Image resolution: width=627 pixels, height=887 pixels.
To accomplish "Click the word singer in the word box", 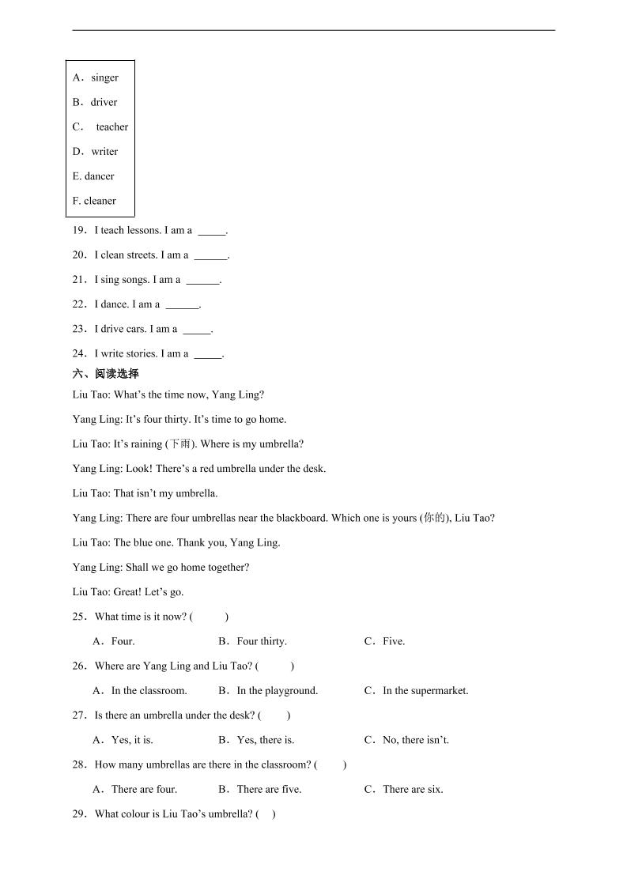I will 104,77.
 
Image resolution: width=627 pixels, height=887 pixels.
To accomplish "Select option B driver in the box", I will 104,102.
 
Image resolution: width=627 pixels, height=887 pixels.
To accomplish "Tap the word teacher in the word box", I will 112,126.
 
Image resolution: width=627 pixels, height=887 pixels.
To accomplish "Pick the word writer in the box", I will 104,151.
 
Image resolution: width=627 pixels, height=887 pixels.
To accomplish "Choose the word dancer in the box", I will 100,176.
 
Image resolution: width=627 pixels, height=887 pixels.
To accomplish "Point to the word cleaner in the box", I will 100,201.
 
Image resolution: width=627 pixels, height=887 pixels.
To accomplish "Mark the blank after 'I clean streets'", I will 210,256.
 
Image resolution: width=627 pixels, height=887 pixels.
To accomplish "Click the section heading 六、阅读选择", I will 105,374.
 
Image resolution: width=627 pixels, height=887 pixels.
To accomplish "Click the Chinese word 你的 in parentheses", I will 434,519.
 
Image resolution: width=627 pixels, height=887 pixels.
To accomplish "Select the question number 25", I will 79,617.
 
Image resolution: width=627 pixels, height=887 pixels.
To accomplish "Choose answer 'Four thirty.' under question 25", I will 262,641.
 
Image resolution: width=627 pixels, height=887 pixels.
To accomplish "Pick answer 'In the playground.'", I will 278,690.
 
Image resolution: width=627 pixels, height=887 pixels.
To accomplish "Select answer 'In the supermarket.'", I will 425,690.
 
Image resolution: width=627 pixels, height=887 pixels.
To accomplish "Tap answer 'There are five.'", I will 269,789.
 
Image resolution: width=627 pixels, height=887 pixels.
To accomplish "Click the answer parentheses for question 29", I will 266,813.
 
